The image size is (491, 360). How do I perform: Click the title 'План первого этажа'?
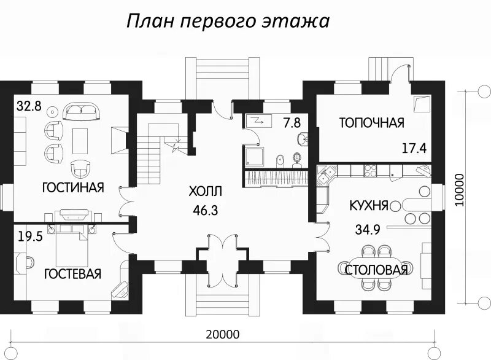pyautogui.click(x=228, y=22)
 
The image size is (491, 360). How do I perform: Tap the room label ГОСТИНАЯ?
pyautogui.click(x=73, y=187)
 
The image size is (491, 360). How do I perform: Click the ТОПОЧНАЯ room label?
pyautogui.click(x=372, y=123)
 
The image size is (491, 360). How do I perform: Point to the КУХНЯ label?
pyautogui.click(x=368, y=205)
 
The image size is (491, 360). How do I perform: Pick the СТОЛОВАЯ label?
pyautogui.click(x=376, y=270)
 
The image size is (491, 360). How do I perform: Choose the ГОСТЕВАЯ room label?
pyautogui.click(x=72, y=274)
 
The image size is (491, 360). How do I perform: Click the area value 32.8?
pyautogui.click(x=29, y=106)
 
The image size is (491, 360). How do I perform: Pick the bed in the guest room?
pyautogui.click(x=74, y=243)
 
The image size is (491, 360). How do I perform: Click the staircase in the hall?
pyautogui.click(x=151, y=151)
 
